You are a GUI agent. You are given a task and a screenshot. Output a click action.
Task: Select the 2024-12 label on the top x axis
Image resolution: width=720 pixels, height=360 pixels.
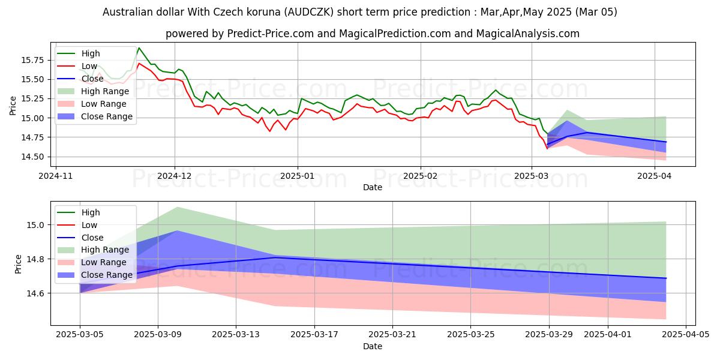175,177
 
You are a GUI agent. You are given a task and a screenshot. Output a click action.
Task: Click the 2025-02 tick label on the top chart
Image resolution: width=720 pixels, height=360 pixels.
420,177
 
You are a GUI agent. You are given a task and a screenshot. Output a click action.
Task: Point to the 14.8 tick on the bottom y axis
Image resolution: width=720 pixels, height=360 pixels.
37,259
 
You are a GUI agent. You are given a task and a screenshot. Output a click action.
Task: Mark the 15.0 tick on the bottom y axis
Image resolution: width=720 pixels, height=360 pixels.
37,225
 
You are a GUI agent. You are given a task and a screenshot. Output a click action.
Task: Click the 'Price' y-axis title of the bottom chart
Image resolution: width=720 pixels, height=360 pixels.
18,263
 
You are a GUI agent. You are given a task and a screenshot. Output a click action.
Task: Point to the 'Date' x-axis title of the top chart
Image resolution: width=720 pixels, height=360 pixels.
373,188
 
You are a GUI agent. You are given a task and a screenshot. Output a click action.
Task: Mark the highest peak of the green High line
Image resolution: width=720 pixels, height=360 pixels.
139,48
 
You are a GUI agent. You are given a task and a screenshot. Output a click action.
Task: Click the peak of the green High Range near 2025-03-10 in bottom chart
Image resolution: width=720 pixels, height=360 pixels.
178,207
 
